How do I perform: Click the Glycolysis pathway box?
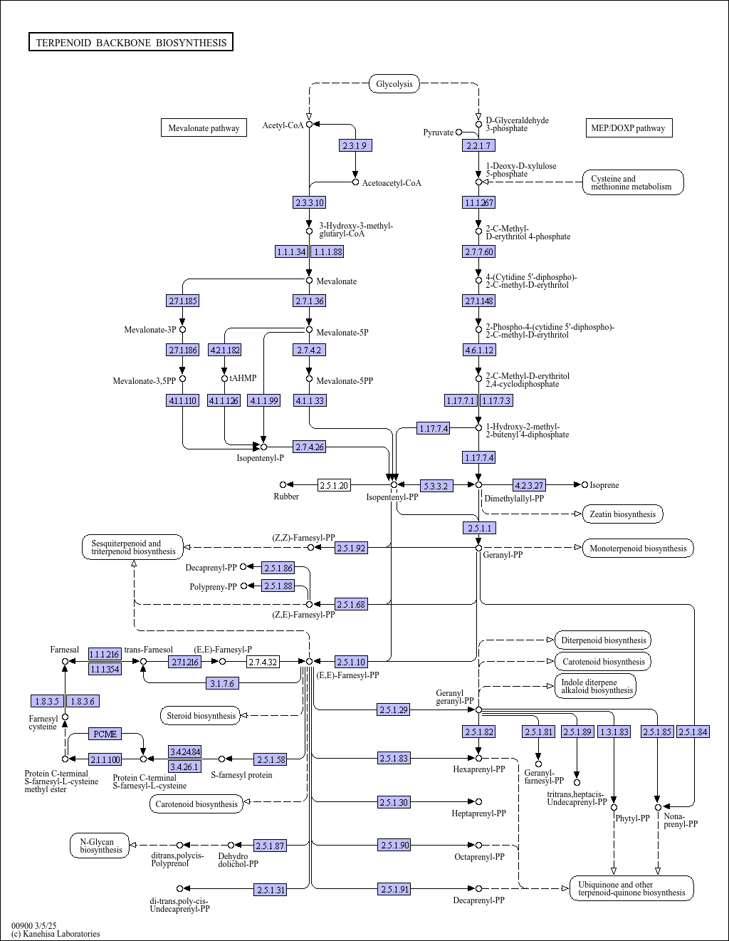pyautogui.click(x=394, y=83)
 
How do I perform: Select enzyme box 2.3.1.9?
pyautogui.click(x=355, y=145)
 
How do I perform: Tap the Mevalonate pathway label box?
pyautogui.click(x=204, y=128)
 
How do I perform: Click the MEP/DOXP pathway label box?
pyautogui.click(x=629, y=128)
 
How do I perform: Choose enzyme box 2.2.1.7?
pyautogui.click(x=478, y=145)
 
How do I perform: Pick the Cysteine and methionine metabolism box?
pyautogui.click(x=633, y=182)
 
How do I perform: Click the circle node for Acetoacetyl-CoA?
pyautogui.click(x=356, y=182)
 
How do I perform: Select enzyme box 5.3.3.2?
pyautogui.click(x=436, y=486)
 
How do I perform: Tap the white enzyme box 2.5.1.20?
pyautogui.click(x=334, y=485)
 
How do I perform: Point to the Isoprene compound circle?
pyautogui.click(x=585, y=484)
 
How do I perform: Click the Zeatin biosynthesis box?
pyautogui.click(x=623, y=514)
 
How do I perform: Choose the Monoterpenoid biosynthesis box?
pyautogui.click(x=638, y=549)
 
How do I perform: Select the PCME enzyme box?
pyautogui.click(x=105, y=734)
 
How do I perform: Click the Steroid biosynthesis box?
pyautogui.click(x=200, y=715)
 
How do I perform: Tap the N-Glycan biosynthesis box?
pyautogui.click(x=100, y=846)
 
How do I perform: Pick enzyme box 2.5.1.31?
pyautogui.click(x=271, y=890)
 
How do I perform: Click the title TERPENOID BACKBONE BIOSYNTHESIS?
pyautogui.click(x=131, y=42)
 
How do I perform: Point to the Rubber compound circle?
pyautogui.click(x=283, y=484)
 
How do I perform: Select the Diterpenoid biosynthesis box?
pyautogui.click(x=603, y=640)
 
